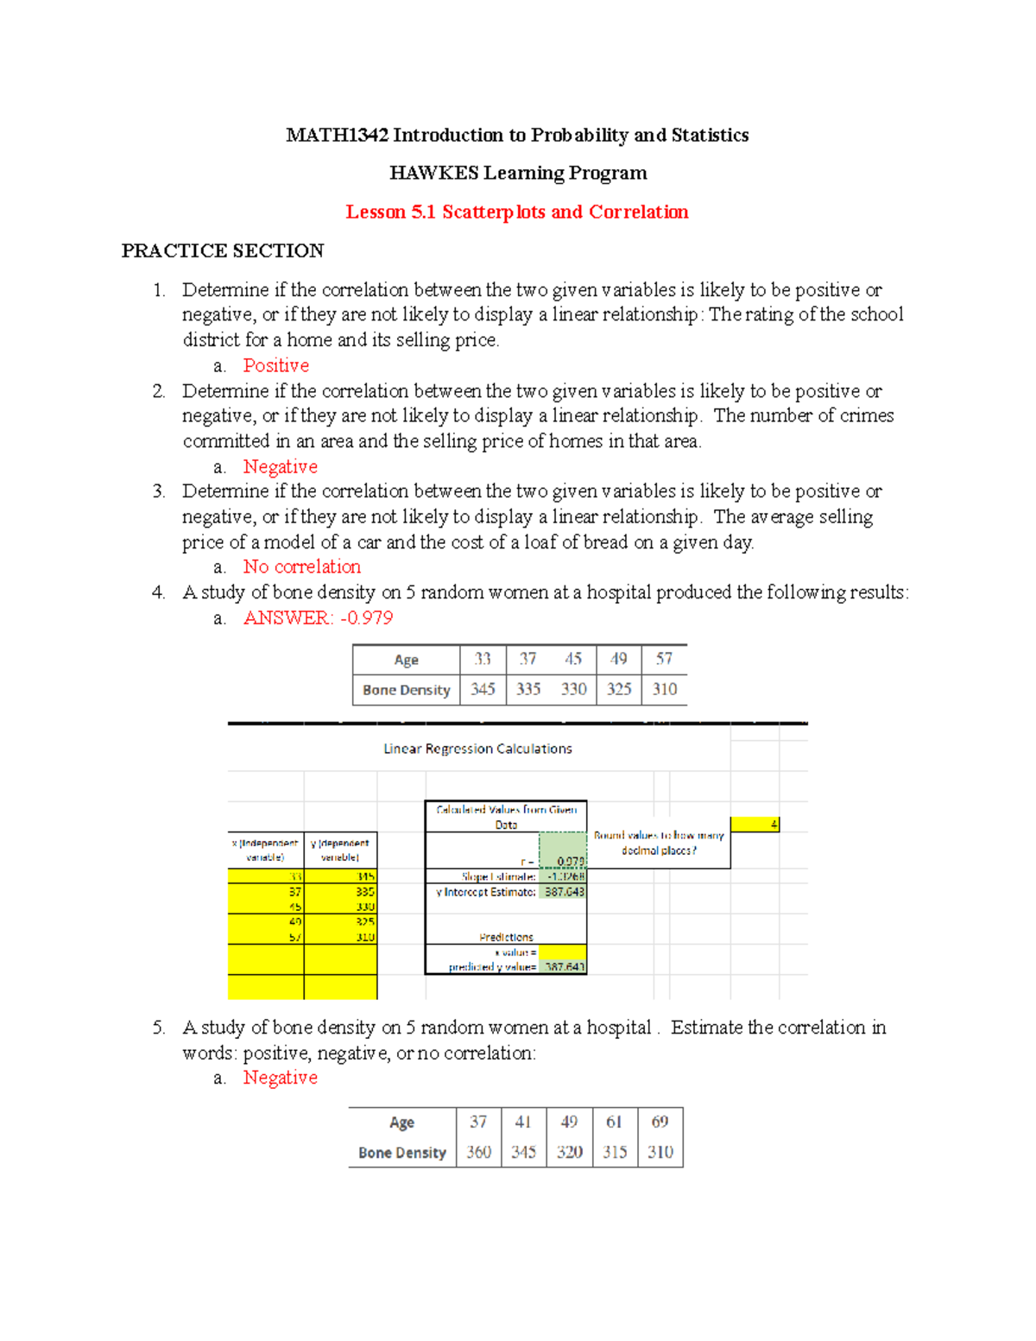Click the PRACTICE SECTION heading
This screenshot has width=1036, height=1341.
tap(223, 251)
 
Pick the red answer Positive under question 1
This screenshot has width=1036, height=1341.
tap(275, 365)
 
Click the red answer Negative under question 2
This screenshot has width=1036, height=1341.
tap(280, 466)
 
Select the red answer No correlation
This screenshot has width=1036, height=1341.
tap(301, 566)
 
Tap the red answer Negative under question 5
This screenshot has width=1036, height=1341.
tap(280, 1078)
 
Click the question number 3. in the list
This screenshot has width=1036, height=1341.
tap(159, 491)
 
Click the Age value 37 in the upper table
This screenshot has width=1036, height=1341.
tap(527, 659)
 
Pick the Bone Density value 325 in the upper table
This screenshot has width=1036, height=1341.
tap(619, 689)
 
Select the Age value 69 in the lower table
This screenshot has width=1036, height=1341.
tap(660, 1122)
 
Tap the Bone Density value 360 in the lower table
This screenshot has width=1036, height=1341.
tap(478, 1152)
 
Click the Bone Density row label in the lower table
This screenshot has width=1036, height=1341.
tap(402, 1153)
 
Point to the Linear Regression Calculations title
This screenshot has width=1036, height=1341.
tap(477, 749)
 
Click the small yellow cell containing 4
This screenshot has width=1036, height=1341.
tap(755, 825)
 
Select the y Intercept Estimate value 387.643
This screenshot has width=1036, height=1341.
tap(564, 892)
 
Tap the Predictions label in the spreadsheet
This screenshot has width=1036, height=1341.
tap(506, 937)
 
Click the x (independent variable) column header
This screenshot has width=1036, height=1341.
tap(265, 850)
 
